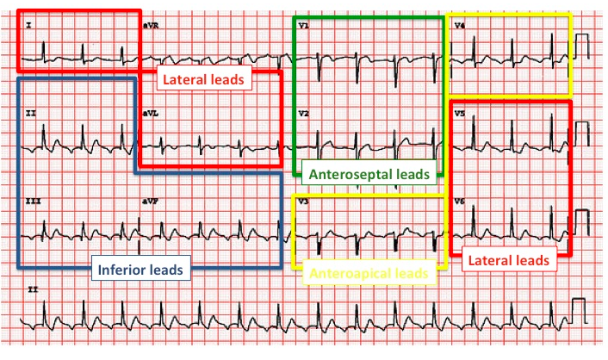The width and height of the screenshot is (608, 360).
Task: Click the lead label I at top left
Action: click(x=28, y=26)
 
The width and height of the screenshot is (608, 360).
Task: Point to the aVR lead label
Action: click(x=150, y=27)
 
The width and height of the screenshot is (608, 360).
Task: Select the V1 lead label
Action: click(x=303, y=27)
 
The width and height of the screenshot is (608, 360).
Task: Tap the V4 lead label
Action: click(x=460, y=26)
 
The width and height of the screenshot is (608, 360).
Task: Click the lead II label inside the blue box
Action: click(x=30, y=113)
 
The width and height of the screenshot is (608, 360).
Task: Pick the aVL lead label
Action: click(x=150, y=113)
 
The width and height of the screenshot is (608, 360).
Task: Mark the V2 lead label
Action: click(x=303, y=113)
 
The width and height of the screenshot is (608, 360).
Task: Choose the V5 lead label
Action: click(x=461, y=113)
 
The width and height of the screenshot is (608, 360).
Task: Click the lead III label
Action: click(x=32, y=200)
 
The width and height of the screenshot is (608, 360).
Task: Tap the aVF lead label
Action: click(x=150, y=200)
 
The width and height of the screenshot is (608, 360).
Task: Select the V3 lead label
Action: click(x=303, y=200)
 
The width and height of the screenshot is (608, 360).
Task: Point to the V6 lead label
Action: click(x=461, y=200)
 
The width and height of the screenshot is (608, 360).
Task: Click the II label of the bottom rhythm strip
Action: click(x=31, y=289)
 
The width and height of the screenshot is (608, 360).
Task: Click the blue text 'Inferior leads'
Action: click(x=140, y=270)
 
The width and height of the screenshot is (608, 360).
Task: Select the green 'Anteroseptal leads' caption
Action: click(x=369, y=174)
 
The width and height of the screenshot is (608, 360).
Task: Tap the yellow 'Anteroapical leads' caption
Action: click(x=369, y=274)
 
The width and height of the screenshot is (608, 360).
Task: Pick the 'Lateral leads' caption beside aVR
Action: click(x=203, y=79)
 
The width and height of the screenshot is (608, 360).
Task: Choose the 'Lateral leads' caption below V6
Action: click(x=506, y=259)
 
